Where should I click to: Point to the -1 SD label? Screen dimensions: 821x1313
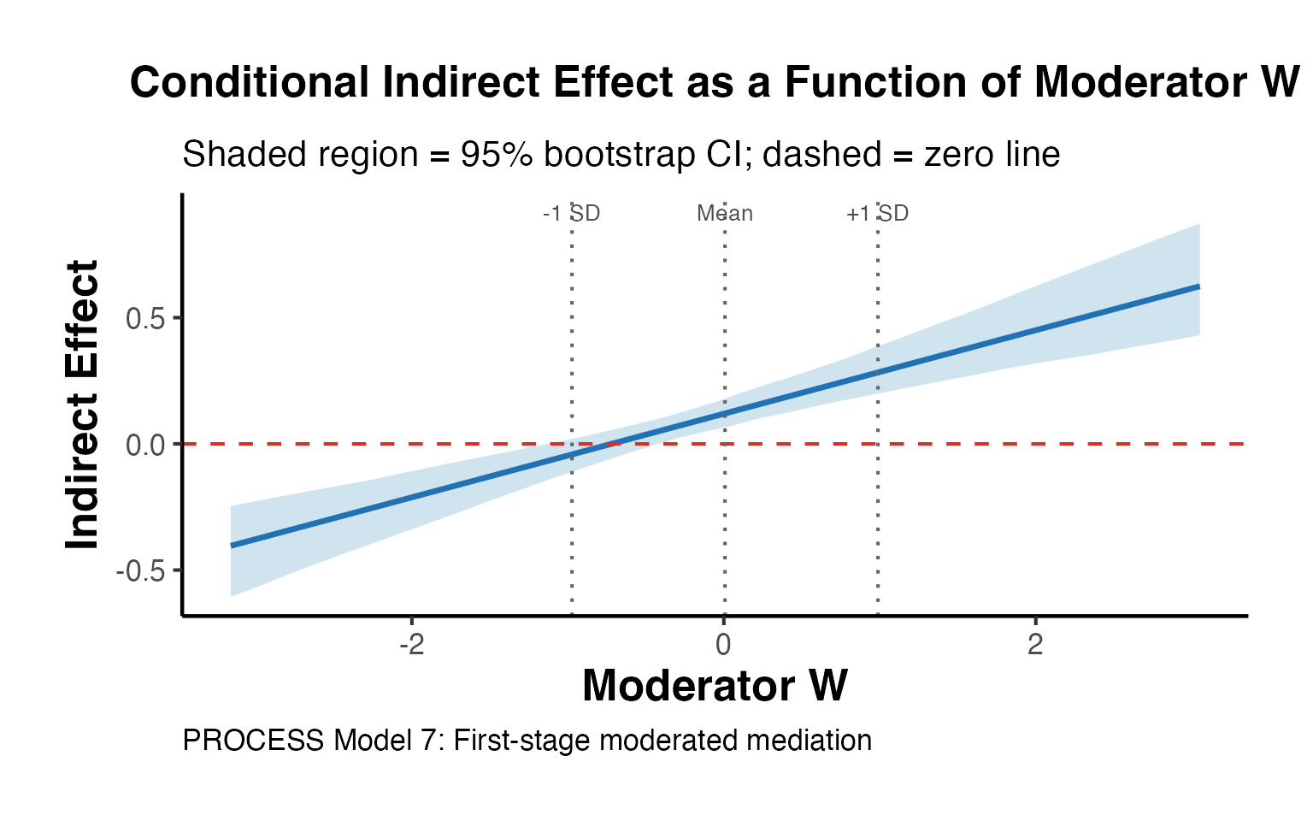tap(571, 213)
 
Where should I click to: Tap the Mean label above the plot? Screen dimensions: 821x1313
tap(725, 213)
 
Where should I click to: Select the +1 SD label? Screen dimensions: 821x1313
tap(877, 213)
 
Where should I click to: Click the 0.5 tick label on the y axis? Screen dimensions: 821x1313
tap(145, 318)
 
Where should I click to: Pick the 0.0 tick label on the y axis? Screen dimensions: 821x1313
tap(145, 445)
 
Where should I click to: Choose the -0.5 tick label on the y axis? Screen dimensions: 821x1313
tap(141, 571)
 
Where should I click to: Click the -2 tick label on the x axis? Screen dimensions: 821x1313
tap(412, 645)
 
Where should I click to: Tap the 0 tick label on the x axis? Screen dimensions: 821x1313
tap(724, 645)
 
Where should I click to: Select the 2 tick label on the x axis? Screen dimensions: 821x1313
tap(1035, 645)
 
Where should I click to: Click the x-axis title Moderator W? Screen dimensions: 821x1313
tap(715, 686)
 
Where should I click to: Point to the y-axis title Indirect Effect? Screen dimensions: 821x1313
tap(83, 405)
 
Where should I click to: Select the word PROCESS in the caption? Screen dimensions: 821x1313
tap(253, 741)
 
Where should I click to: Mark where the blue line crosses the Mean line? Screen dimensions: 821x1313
tap(725, 414)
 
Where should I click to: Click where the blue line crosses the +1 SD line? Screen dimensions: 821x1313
tap(878, 372)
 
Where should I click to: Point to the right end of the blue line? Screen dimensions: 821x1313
tap(1199, 286)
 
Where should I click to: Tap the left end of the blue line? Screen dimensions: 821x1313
tap(232, 546)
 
